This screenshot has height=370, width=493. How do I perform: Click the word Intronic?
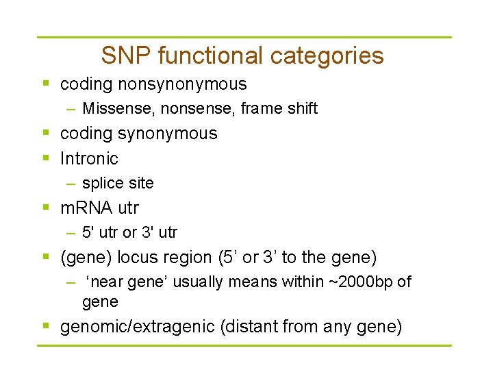pos(89,158)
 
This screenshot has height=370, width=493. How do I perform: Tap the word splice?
pos(100,183)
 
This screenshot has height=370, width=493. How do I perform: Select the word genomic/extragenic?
pos(138,327)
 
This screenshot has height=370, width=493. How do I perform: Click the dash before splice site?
pos(71,183)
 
